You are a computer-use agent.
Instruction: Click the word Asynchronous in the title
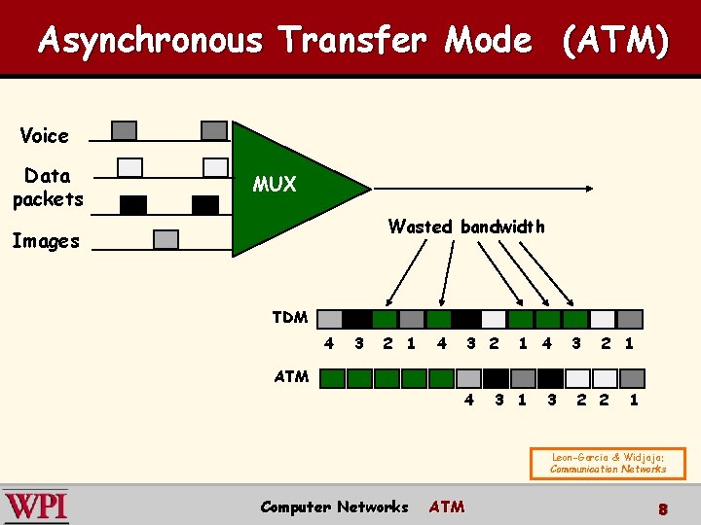pos(151,41)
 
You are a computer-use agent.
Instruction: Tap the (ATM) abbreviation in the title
pos(614,41)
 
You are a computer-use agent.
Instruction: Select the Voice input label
pos(45,135)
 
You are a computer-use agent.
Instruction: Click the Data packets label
pos(48,187)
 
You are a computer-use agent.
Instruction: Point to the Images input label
pos(46,241)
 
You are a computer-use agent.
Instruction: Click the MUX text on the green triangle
pos(274,184)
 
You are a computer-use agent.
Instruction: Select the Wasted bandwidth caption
pos(466,227)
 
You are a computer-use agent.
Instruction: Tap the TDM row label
pos(290,317)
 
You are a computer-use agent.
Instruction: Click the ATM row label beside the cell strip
pos(292,376)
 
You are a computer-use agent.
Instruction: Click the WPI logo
pos(36,506)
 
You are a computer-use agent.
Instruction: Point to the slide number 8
pos(662,508)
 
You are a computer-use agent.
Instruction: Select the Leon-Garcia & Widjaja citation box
pos(608,463)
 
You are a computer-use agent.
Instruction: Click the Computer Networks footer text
pos(334,507)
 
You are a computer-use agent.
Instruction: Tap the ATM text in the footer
pos(447,507)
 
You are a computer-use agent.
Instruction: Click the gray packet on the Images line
pos(166,238)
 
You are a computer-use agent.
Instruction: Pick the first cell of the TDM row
pos(330,319)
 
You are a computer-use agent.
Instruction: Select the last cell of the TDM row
pos(631,319)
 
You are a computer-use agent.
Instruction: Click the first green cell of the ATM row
pos(333,378)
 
